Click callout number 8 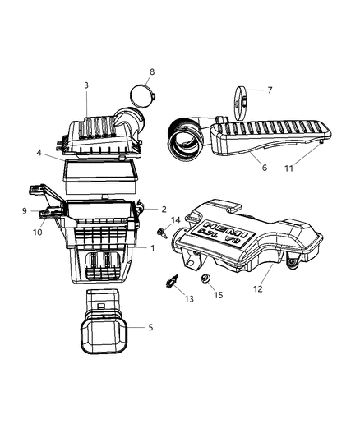point(151,72)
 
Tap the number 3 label point(85,85)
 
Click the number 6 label point(264,167)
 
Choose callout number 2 point(164,210)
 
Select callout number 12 point(258,288)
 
